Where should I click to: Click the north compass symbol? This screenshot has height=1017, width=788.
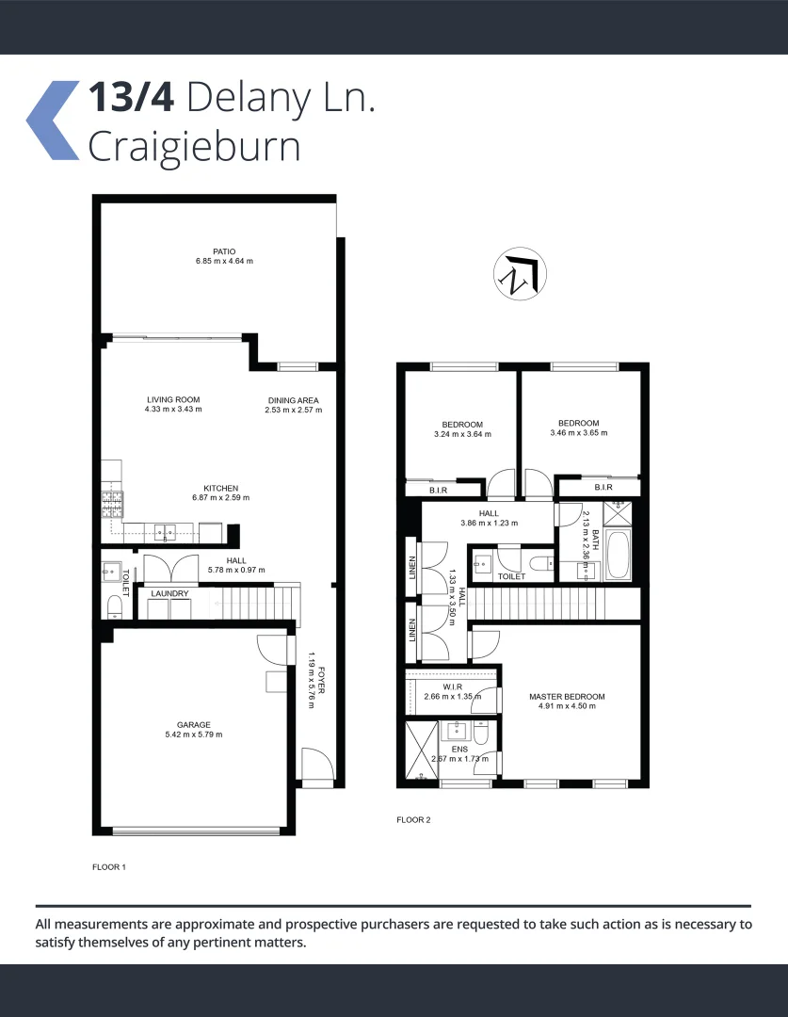520,274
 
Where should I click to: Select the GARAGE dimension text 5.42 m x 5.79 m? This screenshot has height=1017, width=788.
193,734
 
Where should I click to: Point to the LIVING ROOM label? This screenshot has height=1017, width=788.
173,399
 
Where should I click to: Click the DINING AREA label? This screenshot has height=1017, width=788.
293,400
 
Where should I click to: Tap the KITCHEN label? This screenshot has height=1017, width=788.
221,488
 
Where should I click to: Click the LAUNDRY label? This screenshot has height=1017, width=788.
169,594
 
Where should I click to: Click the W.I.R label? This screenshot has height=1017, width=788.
453,686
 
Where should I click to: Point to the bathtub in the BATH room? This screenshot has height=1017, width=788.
619,557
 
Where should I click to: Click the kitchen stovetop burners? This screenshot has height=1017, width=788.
110,506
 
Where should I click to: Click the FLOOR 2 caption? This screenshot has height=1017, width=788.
413,820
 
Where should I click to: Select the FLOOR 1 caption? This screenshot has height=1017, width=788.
108,867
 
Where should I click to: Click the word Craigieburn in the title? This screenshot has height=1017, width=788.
194,148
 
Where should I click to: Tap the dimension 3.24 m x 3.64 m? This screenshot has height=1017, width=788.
462,434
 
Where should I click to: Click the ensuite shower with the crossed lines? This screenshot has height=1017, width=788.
418,751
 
